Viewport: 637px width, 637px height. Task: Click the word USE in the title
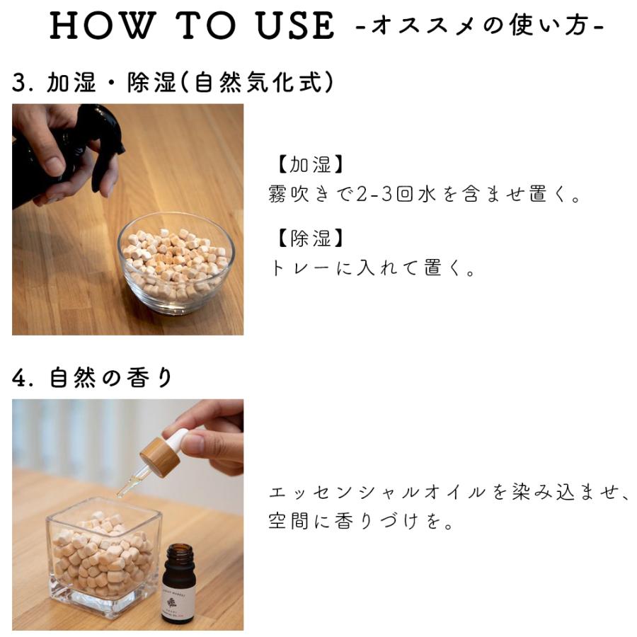(296, 25)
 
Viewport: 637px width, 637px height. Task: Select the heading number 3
(20, 83)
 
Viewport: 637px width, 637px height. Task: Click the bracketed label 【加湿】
(310, 164)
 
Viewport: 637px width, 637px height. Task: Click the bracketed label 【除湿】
(310, 238)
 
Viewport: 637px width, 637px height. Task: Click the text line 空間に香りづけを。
(361, 522)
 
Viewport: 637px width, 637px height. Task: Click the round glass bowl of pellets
(177, 263)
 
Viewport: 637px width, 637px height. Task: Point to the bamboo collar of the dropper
(161, 455)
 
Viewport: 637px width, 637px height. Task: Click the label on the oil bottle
(178, 604)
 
